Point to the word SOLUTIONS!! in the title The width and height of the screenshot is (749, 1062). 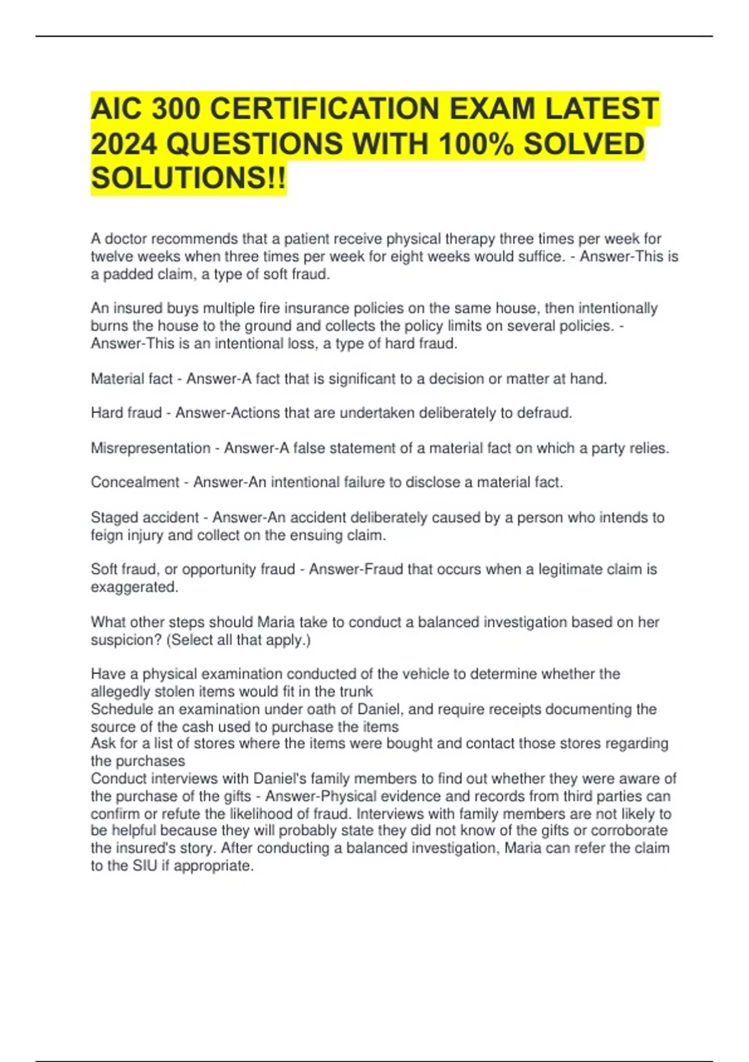(x=188, y=178)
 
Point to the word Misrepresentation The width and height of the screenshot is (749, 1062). (x=150, y=448)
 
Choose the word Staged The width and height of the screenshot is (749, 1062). (x=114, y=517)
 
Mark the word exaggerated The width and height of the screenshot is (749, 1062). (x=134, y=587)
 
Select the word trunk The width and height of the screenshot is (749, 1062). (x=356, y=692)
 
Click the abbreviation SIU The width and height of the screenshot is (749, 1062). (x=145, y=866)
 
